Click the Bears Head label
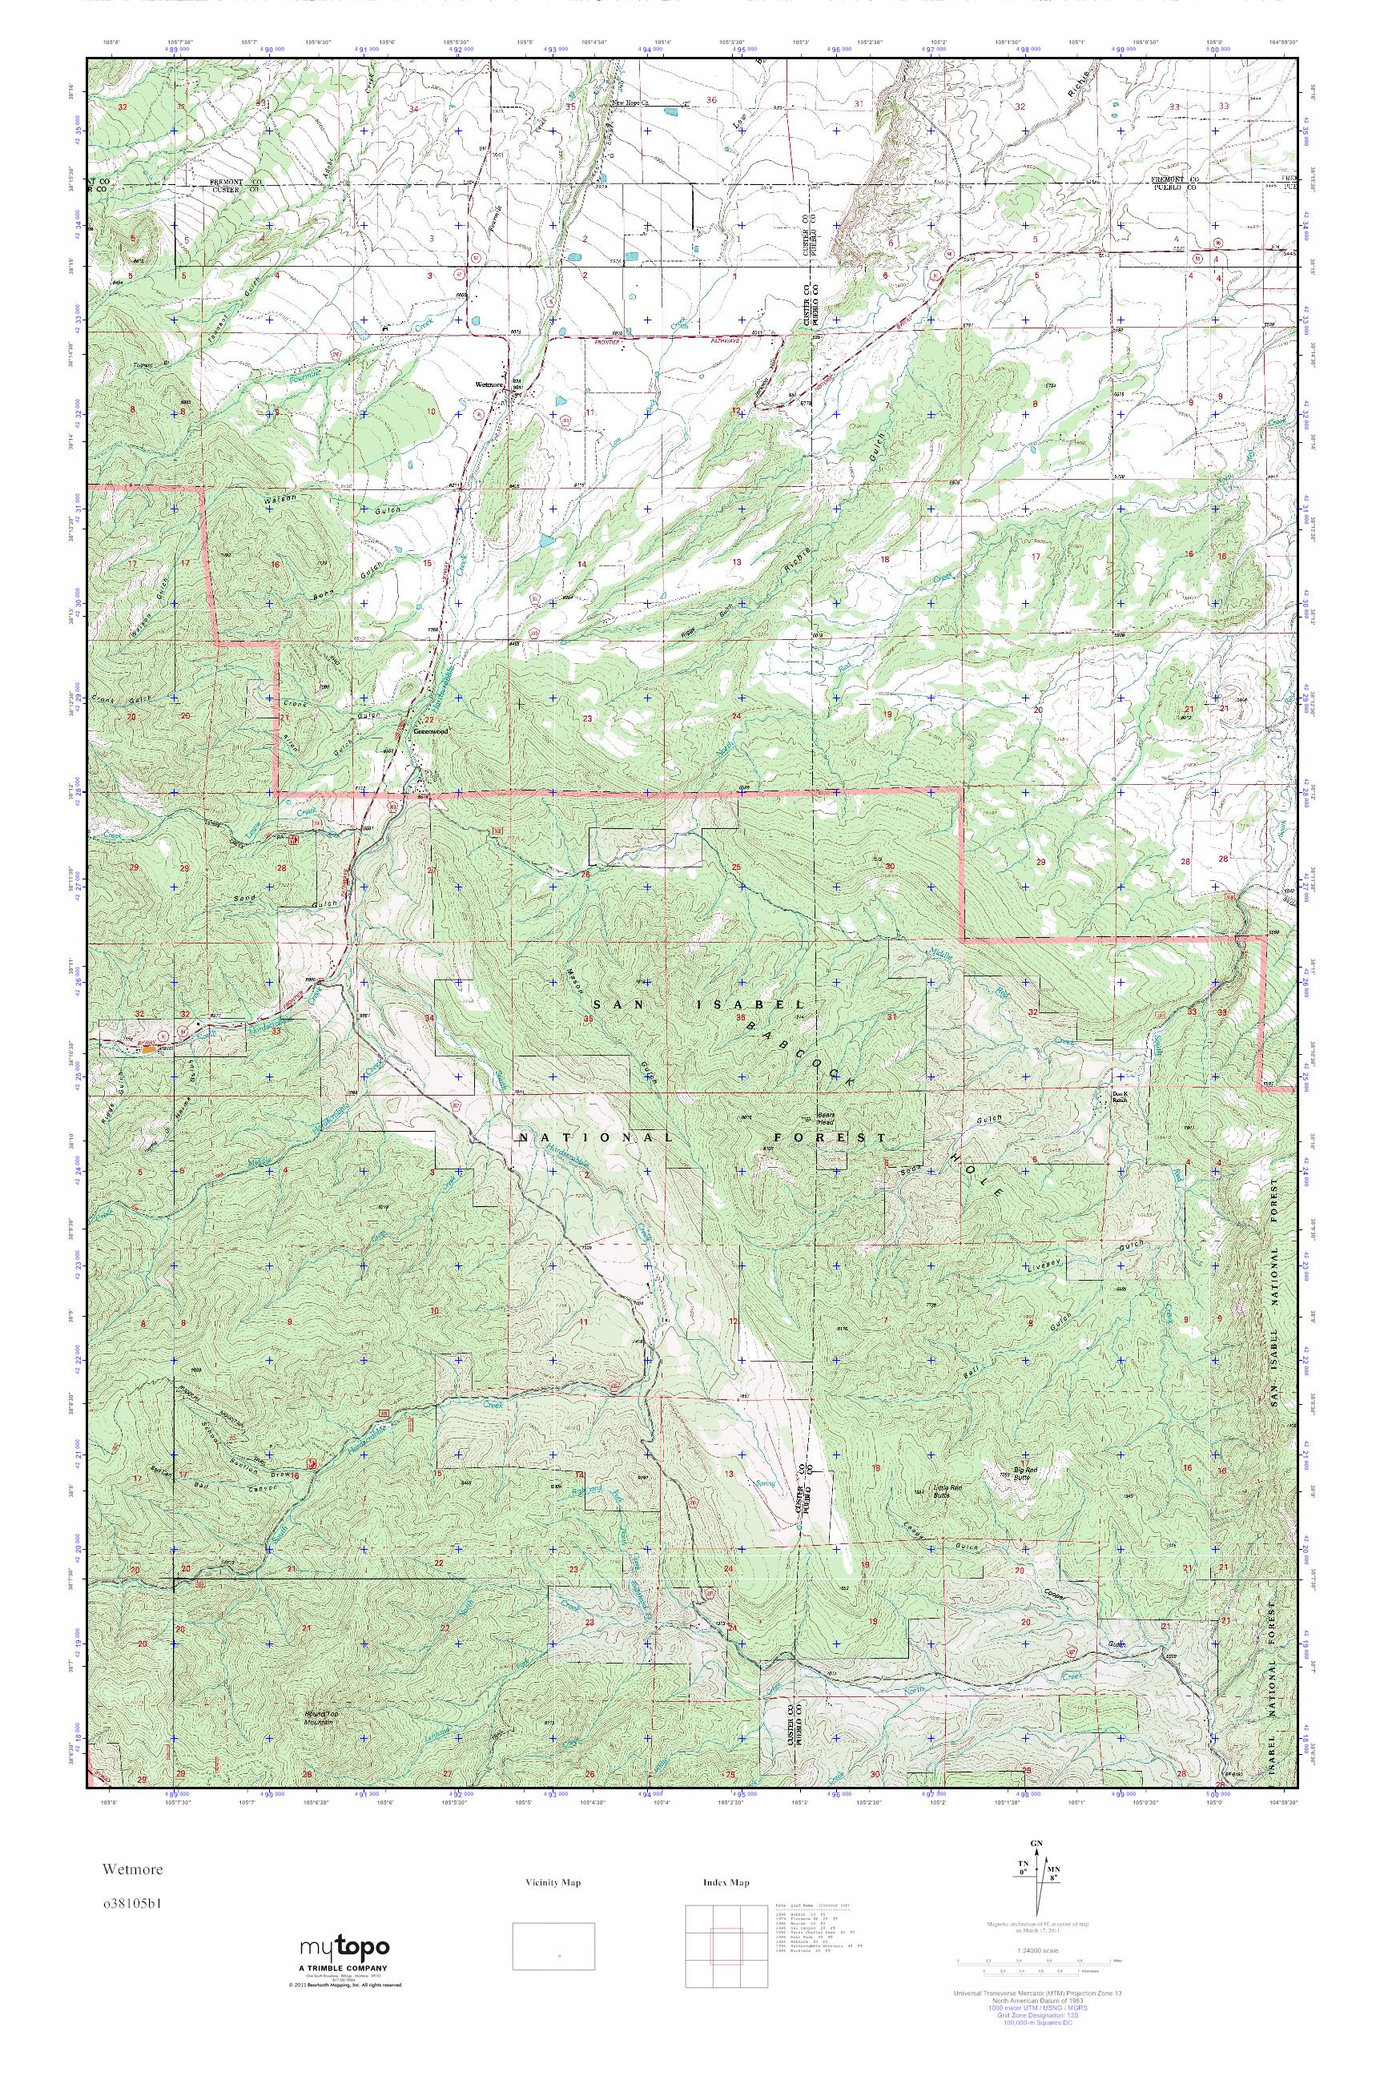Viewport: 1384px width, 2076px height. (824, 1116)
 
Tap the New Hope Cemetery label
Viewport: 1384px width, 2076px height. (630, 104)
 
